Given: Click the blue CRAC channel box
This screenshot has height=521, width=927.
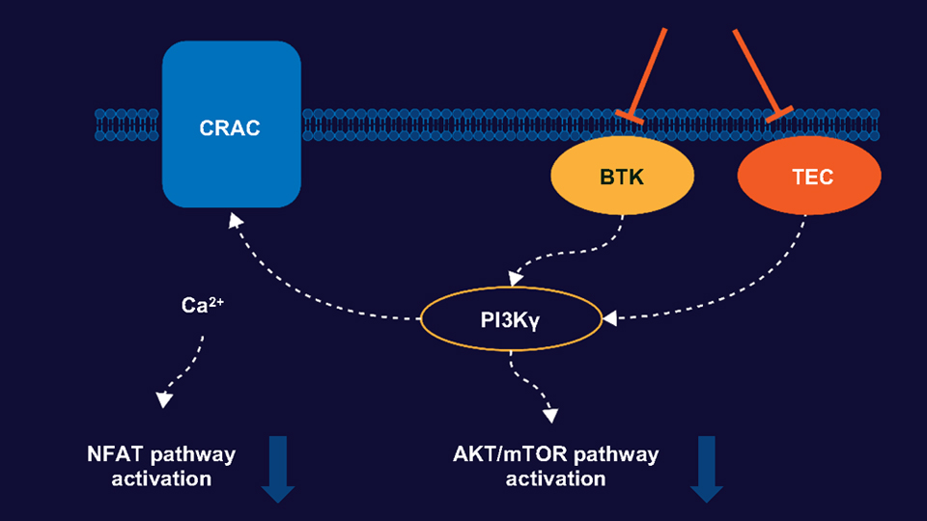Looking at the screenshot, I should coord(231,124).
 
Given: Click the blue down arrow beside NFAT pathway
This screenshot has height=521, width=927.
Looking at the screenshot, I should coord(278,469).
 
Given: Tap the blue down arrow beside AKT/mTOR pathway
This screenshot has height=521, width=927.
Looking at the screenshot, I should coord(706,469).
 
